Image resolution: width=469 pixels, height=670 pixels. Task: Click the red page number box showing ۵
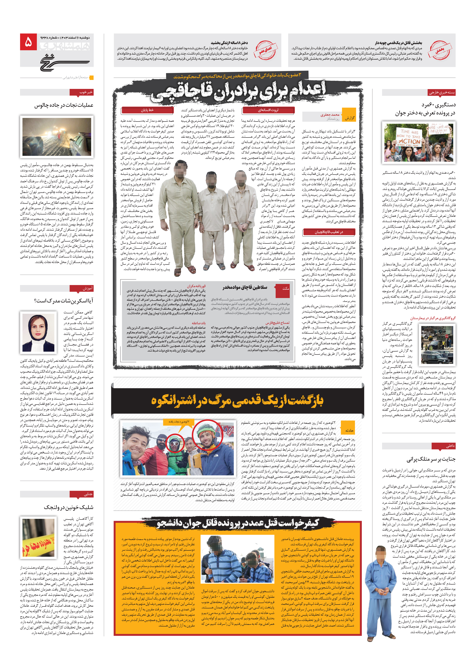(28, 42)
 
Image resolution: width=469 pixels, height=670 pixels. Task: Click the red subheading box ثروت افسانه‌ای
(268, 110)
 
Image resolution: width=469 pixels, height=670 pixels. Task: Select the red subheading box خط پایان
(147, 110)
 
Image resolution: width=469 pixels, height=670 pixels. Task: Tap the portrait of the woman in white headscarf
(38, 332)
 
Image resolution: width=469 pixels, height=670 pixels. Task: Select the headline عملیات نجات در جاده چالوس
(64, 105)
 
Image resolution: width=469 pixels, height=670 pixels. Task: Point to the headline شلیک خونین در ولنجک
(69, 507)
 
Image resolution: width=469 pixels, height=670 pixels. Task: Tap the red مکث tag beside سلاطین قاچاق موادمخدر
(285, 288)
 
